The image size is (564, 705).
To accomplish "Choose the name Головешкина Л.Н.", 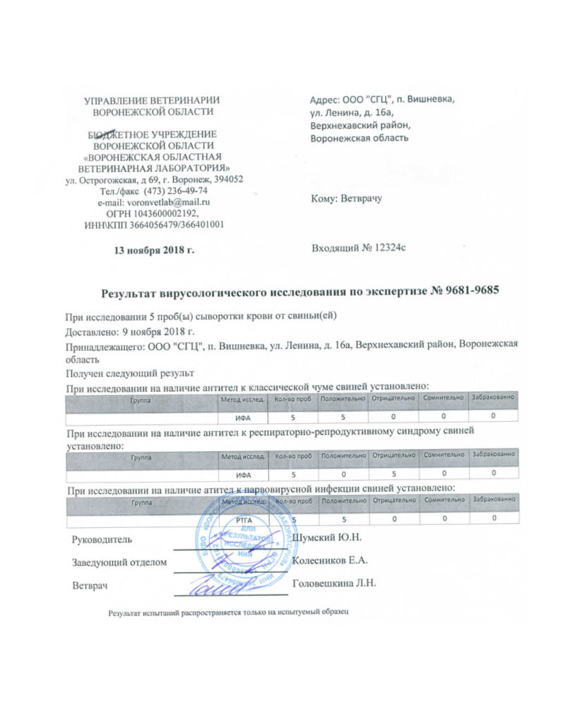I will point(335,584).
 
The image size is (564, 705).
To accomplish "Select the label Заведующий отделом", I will point(119,562).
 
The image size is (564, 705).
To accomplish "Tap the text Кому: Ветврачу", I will point(345,200).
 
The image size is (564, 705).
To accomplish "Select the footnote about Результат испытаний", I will point(228,613).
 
